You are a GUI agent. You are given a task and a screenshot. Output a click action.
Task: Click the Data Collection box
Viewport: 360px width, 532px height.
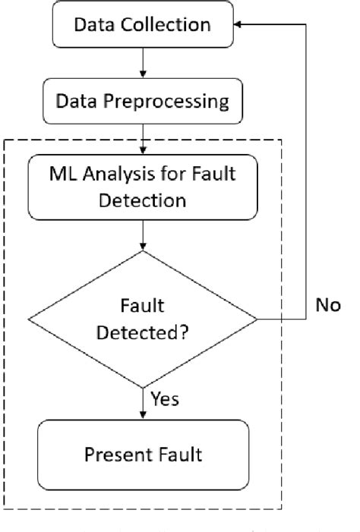[x=143, y=25]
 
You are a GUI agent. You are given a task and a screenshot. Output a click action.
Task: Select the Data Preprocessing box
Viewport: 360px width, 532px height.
[x=143, y=100]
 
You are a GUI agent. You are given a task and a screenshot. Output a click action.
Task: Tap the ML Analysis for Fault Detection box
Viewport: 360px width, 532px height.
[x=143, y=187]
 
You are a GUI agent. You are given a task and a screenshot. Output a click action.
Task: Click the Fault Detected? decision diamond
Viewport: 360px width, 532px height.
[x=143, y=320]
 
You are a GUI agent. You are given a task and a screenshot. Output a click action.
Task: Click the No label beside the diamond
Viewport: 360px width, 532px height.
[x=329, y=305]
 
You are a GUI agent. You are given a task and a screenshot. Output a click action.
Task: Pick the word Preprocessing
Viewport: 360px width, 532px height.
[x=169, y=100]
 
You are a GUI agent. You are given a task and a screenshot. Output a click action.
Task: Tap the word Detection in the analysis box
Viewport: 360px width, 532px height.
[x=143, y=201]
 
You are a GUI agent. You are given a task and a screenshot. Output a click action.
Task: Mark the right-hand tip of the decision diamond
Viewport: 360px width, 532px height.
[x=257, y=320]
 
